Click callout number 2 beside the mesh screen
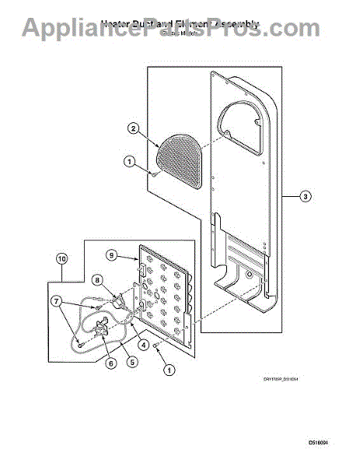coord(134,128)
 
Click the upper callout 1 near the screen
coord(128,162)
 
